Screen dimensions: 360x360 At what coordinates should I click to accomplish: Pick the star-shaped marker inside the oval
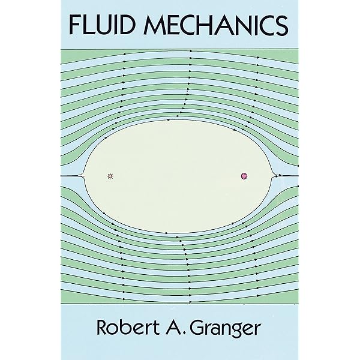click(110, 176)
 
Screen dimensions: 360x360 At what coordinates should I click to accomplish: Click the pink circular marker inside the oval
click(244, 176)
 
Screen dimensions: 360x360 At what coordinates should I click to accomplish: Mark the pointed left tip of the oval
click(85, 176)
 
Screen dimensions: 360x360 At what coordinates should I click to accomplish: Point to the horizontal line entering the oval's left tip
click(71, 176)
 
